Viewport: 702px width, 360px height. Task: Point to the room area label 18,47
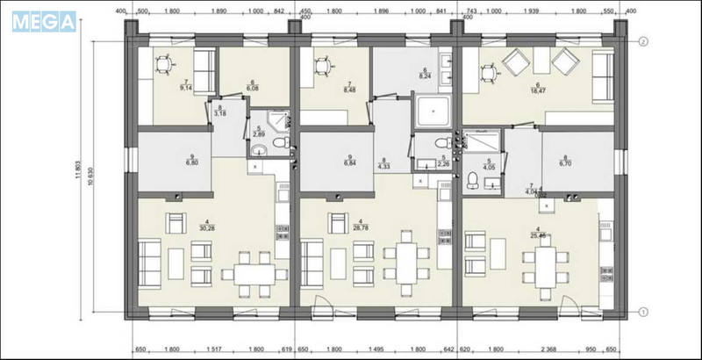click(x=534, y=90)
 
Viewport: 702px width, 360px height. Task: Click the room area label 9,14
click(x=185, y=87)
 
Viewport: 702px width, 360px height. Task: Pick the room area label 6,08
click(x=253, y=87)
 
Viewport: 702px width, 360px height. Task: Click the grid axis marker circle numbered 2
click(x=643, y=41)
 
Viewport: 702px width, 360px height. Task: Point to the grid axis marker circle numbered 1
click(x=643, y=311)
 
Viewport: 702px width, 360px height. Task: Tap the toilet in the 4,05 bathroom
click(x=474, y=180)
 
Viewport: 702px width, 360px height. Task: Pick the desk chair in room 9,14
click(x=163, y=64)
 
